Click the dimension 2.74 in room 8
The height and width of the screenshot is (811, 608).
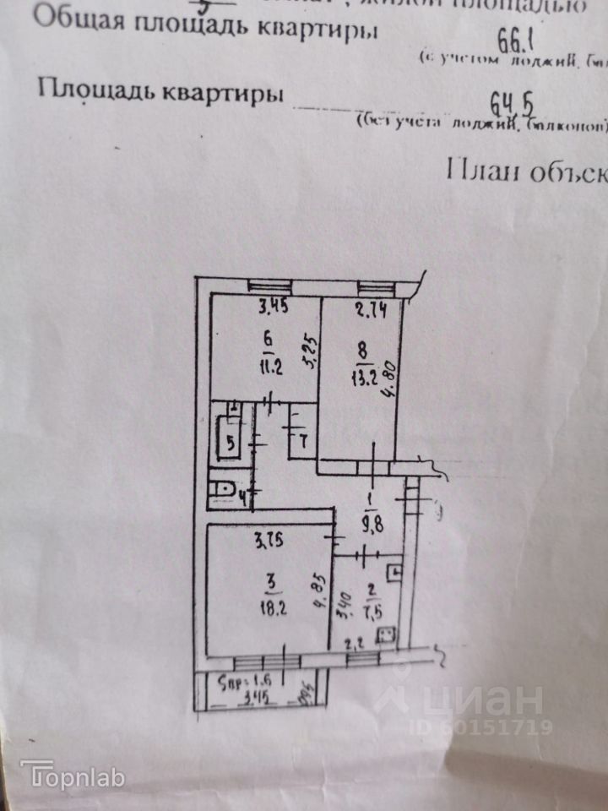click(369, 309)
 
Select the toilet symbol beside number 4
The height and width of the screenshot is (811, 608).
click(222, 489)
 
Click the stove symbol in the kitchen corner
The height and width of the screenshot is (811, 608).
click(388, 634)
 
